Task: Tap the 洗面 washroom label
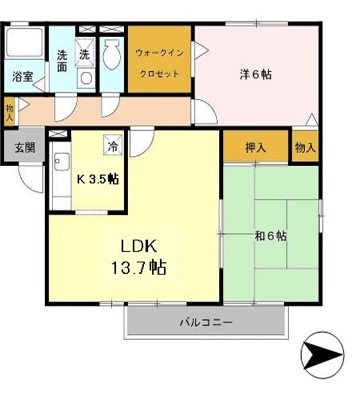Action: point(61,60)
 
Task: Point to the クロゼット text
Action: point(160,73)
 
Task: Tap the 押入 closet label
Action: point(256,147)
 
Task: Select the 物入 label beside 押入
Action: point(305,147)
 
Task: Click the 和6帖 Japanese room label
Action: point(270,236)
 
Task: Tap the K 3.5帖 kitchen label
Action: point(98,180)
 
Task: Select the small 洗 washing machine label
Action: point(85,55)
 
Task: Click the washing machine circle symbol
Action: point(85,77)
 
